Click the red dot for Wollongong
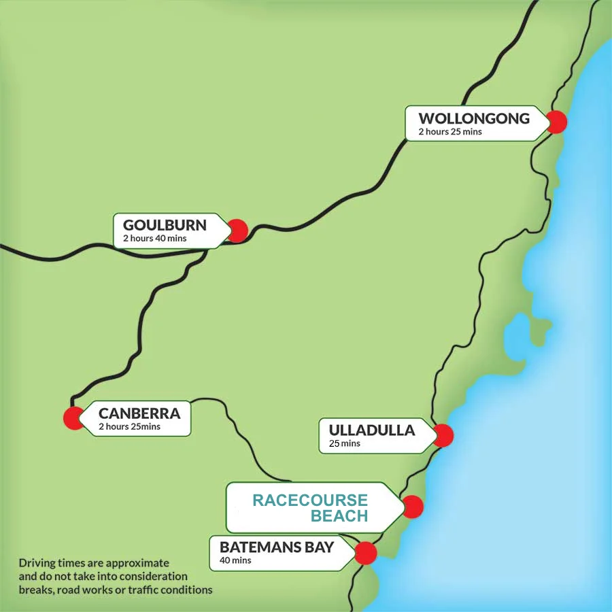(556, 122)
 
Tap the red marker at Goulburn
(237, 231)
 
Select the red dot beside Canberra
(73, 418)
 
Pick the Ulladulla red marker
(443, 435)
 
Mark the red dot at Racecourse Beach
(413, 507)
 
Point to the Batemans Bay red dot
(366, 553)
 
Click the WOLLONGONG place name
(474, 118)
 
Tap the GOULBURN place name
(165, 225)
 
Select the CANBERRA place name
(139, 413)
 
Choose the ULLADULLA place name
(372, 430)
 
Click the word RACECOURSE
(310, 501)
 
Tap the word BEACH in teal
(339, 517)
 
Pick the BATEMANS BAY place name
(277, 547)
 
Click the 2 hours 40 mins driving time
(155, 239)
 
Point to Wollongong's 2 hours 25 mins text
(450, 132)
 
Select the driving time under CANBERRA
(130, 427)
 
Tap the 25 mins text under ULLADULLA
(345, 443)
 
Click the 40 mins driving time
(235, 561)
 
